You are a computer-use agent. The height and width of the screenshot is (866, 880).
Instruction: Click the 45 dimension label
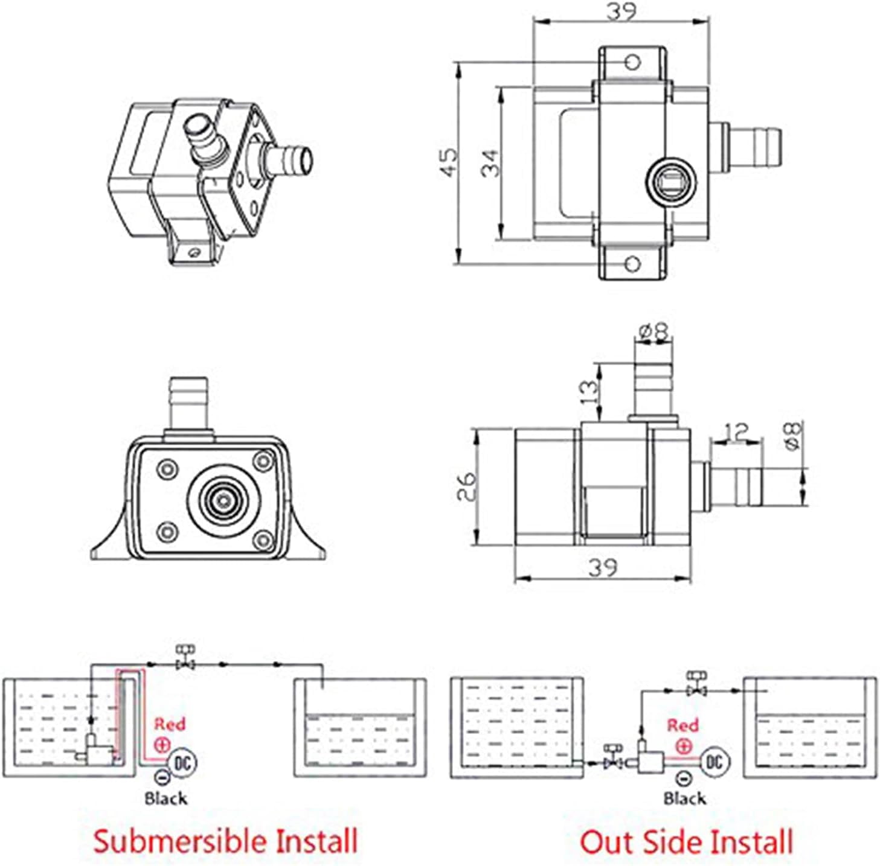[x=449, y=163]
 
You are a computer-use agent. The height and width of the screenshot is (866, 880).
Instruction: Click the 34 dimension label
[x=491, y=163]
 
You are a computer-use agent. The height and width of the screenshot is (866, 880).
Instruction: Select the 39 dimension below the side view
[x=603, y=567]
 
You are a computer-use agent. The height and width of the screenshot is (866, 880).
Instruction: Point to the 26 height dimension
[x=466, y=486]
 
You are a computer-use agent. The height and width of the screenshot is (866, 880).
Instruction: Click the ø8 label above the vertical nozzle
[x=654, y=331]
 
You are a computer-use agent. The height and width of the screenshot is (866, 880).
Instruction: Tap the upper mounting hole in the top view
[x=632, y=62]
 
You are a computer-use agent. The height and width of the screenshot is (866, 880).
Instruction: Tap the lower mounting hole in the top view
[x=632, y=264]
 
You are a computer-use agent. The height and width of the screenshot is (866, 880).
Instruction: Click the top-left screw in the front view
[x=167, y=469]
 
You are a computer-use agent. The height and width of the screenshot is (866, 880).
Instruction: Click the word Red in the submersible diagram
[x=170, y=724]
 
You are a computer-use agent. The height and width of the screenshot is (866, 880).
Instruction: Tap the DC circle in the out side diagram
[x=715, y=762]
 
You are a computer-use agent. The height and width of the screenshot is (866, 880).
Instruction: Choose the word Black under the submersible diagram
[x=165, y=798]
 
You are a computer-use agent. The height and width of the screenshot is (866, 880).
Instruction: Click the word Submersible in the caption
[x=180, y=841]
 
